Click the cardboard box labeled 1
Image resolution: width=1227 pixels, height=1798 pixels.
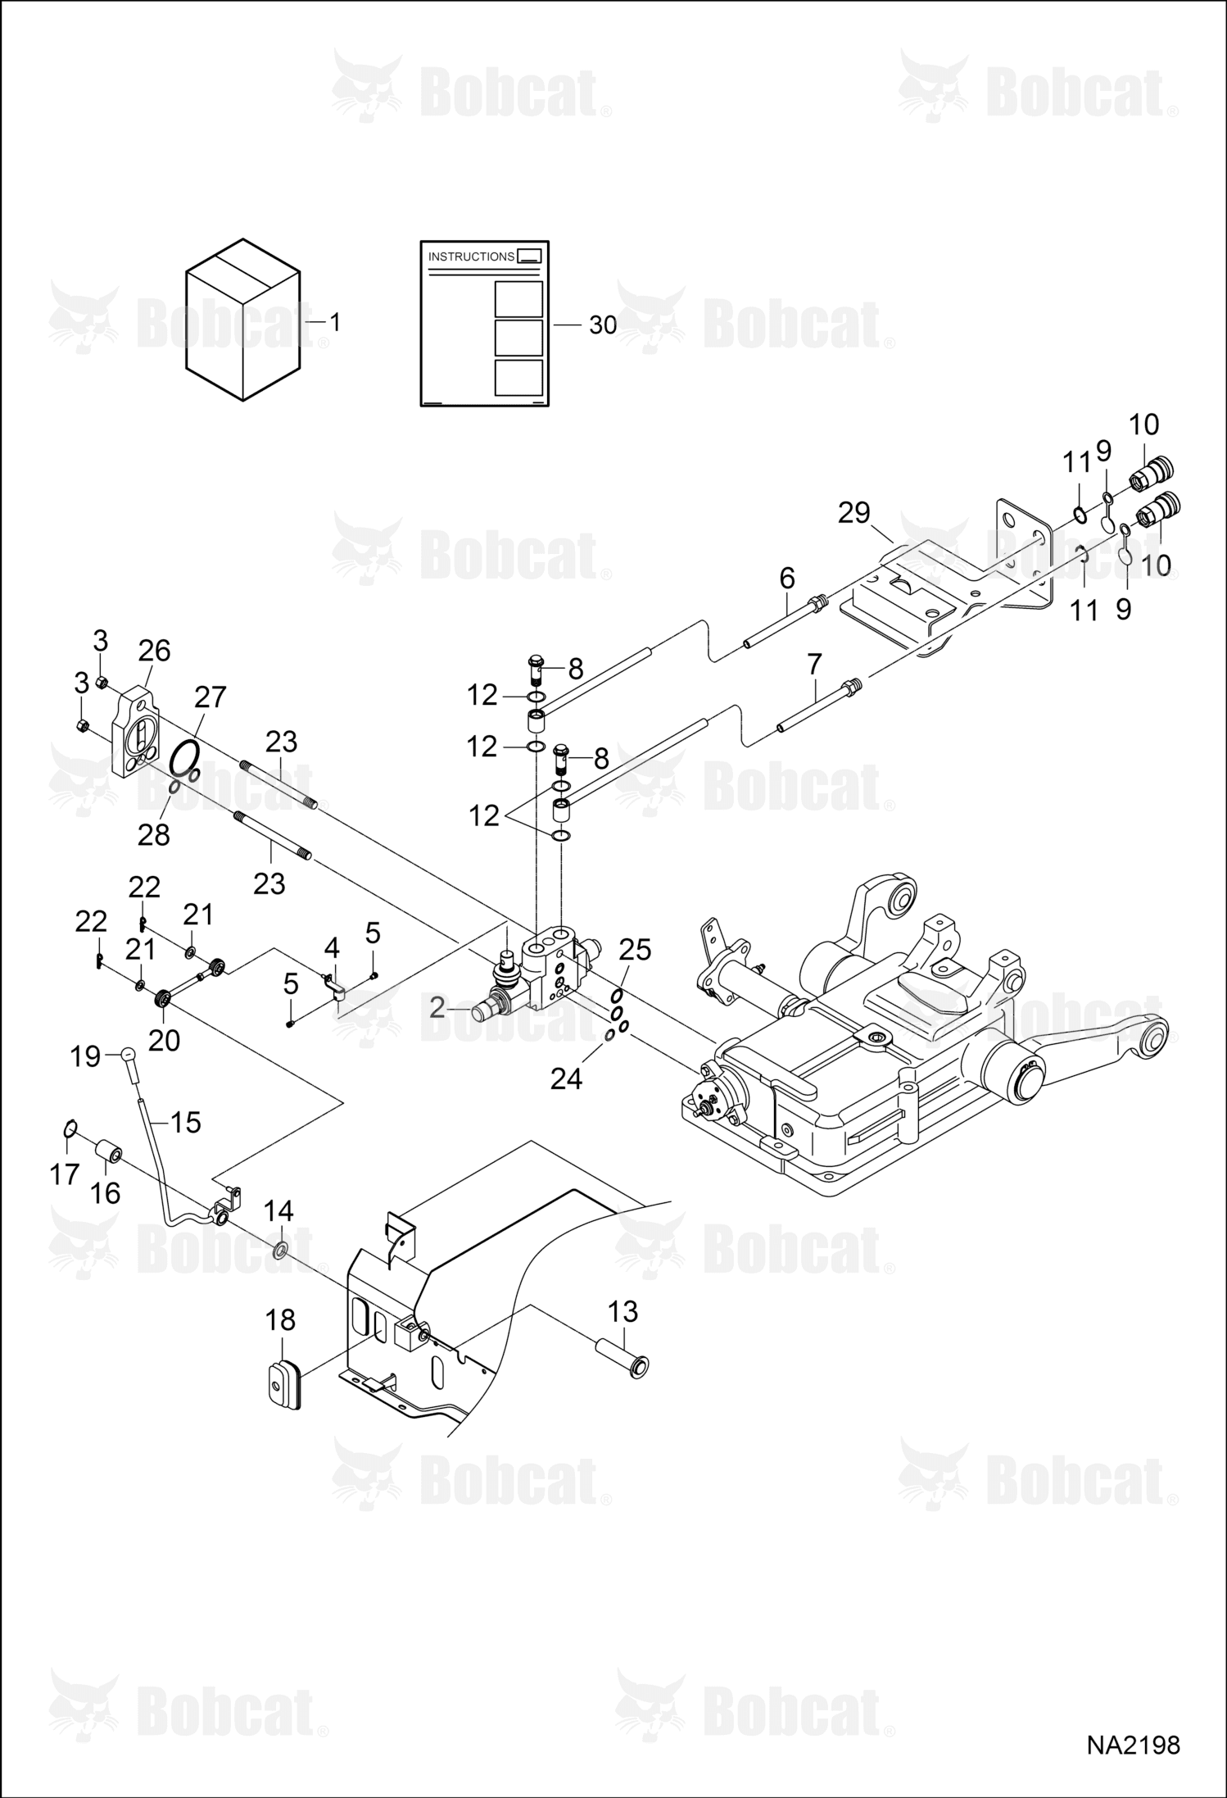(242, 320)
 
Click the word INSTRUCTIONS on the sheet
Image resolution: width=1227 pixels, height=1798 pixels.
(471, 257)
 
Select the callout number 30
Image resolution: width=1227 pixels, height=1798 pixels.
(603, 325)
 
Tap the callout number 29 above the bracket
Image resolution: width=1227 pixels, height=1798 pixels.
(853, 513)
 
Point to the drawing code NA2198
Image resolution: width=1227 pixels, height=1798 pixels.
(1133, 1746)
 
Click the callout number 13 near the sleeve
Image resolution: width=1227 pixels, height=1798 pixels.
(623, 1311)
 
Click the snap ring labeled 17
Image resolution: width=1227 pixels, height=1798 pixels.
(70, 1129)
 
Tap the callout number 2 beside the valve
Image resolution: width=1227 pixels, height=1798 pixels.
(437, 1007)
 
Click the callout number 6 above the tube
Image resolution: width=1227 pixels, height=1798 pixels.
(787, 579)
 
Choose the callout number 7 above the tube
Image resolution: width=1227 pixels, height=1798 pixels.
(814, 665)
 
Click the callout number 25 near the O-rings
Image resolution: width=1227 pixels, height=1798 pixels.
(635, 950)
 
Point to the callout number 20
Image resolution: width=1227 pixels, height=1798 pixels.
(164, 1040)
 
